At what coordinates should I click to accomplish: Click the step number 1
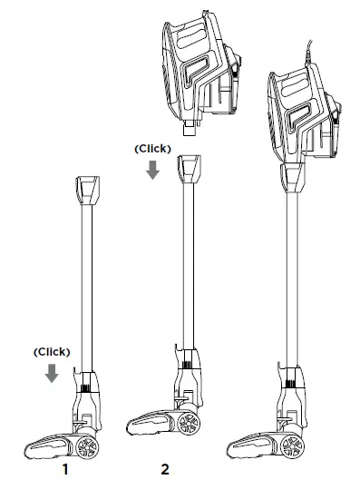[65, 469]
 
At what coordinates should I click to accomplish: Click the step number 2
[165, 469]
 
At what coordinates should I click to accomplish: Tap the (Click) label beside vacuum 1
[52, 352]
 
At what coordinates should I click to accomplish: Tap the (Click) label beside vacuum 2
[152, 149]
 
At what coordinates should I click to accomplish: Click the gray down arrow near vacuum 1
[52, 373]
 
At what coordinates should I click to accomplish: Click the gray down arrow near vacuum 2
[152, 170]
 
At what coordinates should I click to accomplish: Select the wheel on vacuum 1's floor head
[87, 446]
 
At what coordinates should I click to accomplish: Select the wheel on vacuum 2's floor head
[189, 424]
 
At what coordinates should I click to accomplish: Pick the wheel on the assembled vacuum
[292, 446]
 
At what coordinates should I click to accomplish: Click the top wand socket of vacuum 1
[87, 191]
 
